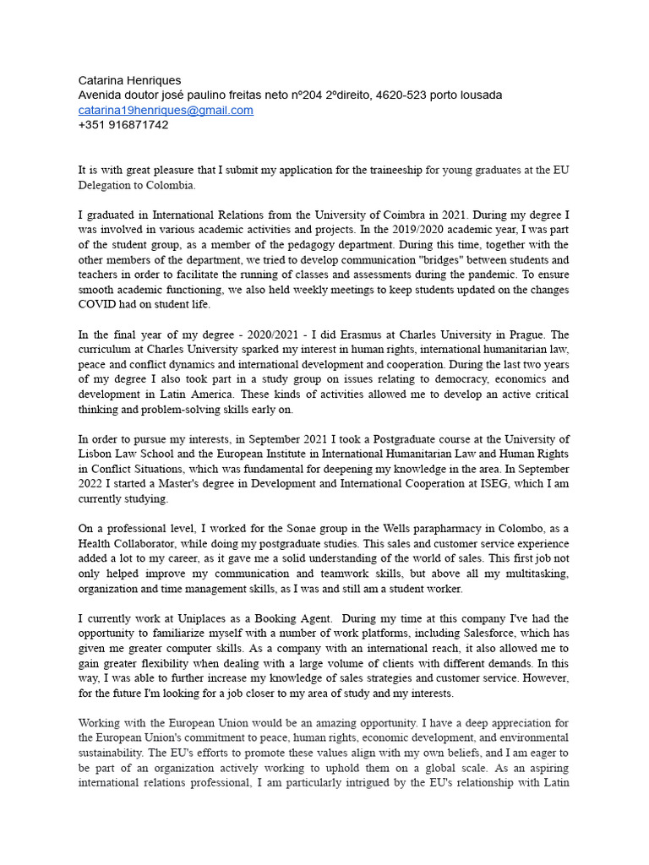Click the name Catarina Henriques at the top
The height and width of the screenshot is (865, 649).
(129, 80)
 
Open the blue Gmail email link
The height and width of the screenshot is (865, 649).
(166, 110)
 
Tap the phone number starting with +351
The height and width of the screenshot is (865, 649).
(123, 124)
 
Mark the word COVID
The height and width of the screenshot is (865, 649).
(97, 304)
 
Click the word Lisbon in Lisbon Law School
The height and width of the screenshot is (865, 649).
(97, 454)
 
